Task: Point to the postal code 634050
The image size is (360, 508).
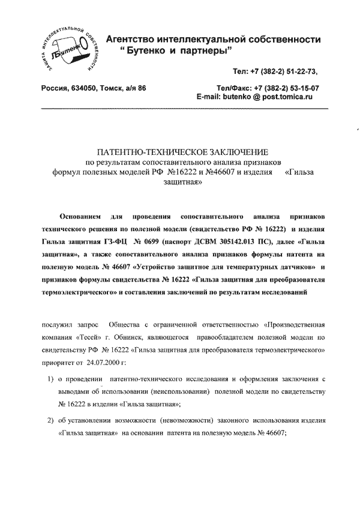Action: tap(90, 88)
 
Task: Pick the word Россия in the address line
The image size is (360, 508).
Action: tap(57, 88)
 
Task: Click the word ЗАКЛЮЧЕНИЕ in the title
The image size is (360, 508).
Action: tap(227, 151)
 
